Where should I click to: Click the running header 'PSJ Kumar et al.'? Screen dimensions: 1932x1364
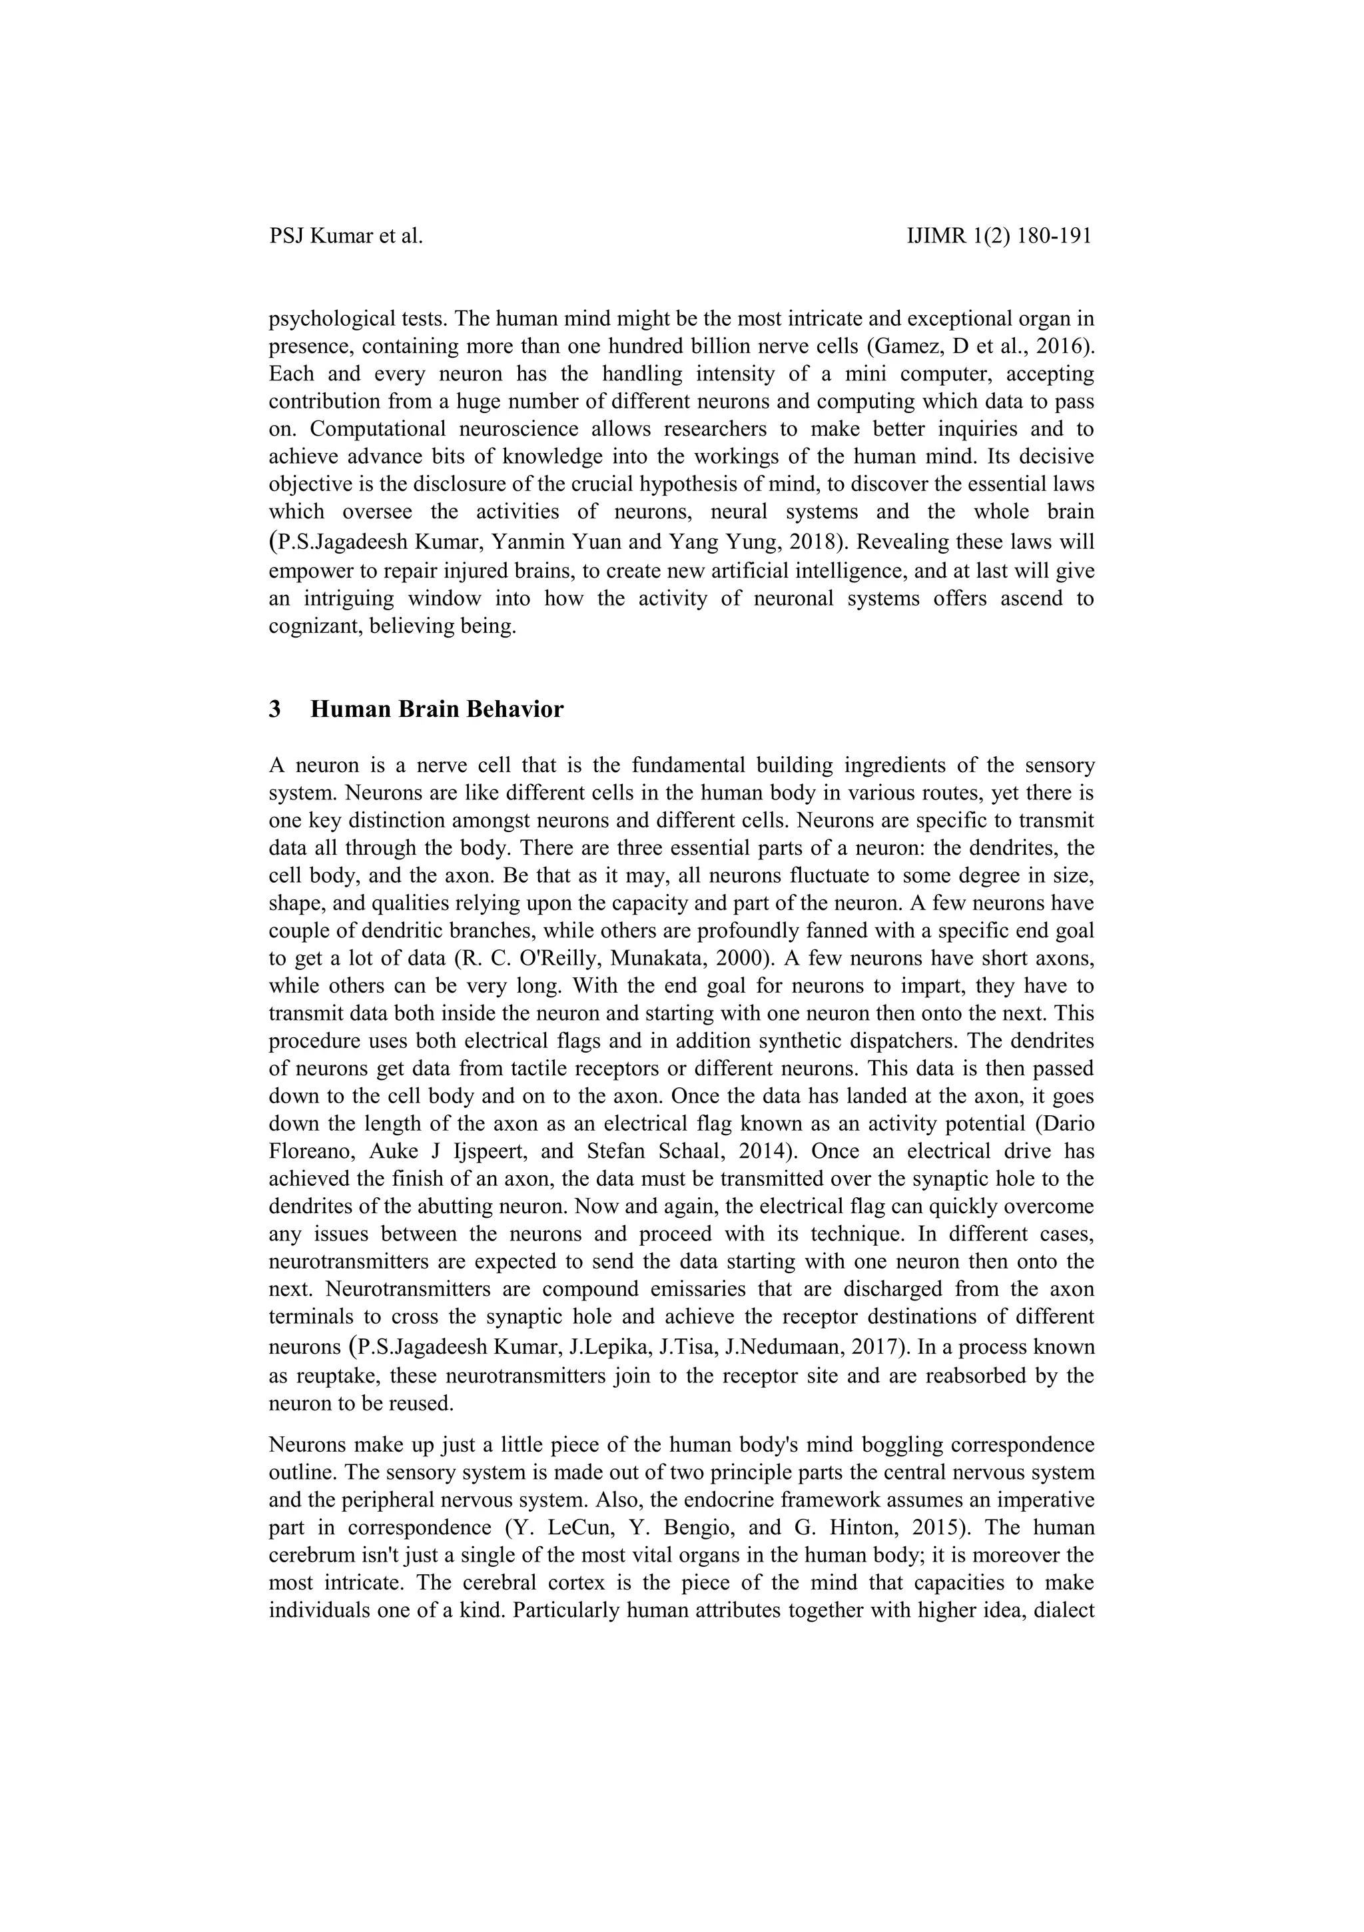pyautogui.click(x=346, y=237)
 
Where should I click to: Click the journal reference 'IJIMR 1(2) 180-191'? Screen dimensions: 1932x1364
pyautogui.click(x=999, y=237)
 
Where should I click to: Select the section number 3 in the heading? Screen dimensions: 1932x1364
pyautogui.click(x=274, y=710)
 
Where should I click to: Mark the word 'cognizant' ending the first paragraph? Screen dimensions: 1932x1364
pyautogui.click(x=308, y=628)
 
